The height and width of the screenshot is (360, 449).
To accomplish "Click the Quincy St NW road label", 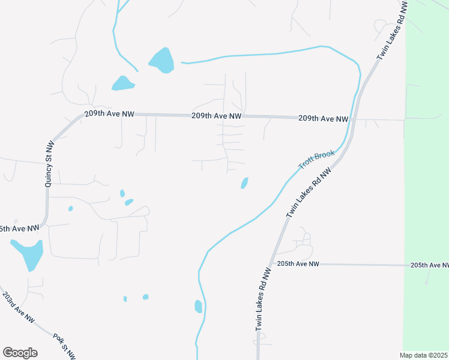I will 50,164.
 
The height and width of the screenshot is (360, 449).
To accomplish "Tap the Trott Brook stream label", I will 316,159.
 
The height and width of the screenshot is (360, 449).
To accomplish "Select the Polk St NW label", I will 64,346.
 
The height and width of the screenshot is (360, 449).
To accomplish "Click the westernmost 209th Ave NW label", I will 109,113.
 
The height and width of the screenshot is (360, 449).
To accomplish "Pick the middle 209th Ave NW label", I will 216,116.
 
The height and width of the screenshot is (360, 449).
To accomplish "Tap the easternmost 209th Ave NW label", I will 323,119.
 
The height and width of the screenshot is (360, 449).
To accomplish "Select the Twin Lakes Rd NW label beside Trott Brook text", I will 309,193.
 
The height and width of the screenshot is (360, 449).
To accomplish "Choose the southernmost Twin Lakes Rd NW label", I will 264,298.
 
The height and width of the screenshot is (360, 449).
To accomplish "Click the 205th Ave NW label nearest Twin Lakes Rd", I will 298,264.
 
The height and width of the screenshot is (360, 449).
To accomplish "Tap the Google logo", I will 20,353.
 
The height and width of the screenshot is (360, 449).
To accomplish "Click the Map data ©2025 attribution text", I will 424,355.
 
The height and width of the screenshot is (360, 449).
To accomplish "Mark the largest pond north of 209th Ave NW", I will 161,59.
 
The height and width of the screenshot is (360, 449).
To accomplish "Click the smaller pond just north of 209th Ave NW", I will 123,83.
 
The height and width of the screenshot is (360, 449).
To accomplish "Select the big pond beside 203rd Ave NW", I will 28,254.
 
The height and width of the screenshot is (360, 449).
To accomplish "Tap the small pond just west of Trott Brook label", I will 245,182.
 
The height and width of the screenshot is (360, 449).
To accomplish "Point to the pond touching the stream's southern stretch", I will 198,306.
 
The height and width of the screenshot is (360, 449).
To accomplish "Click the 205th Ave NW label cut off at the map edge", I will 429,265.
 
